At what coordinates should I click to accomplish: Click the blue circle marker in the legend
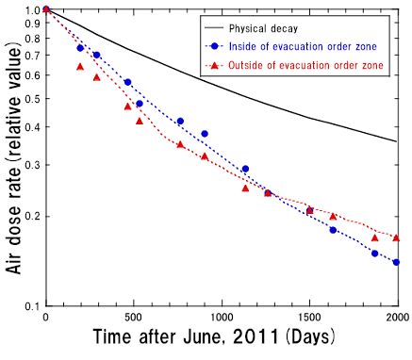tap(218, 45)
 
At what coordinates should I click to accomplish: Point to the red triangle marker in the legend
tap(218, 63)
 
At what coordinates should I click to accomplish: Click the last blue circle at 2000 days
tap(396, 262)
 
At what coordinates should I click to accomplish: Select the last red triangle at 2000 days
tap(396, 237)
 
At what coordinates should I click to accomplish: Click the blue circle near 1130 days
tap(245, 169)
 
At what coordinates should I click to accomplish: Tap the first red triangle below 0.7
tap(79, 67)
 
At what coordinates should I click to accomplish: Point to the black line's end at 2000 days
tap(396, 141)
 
